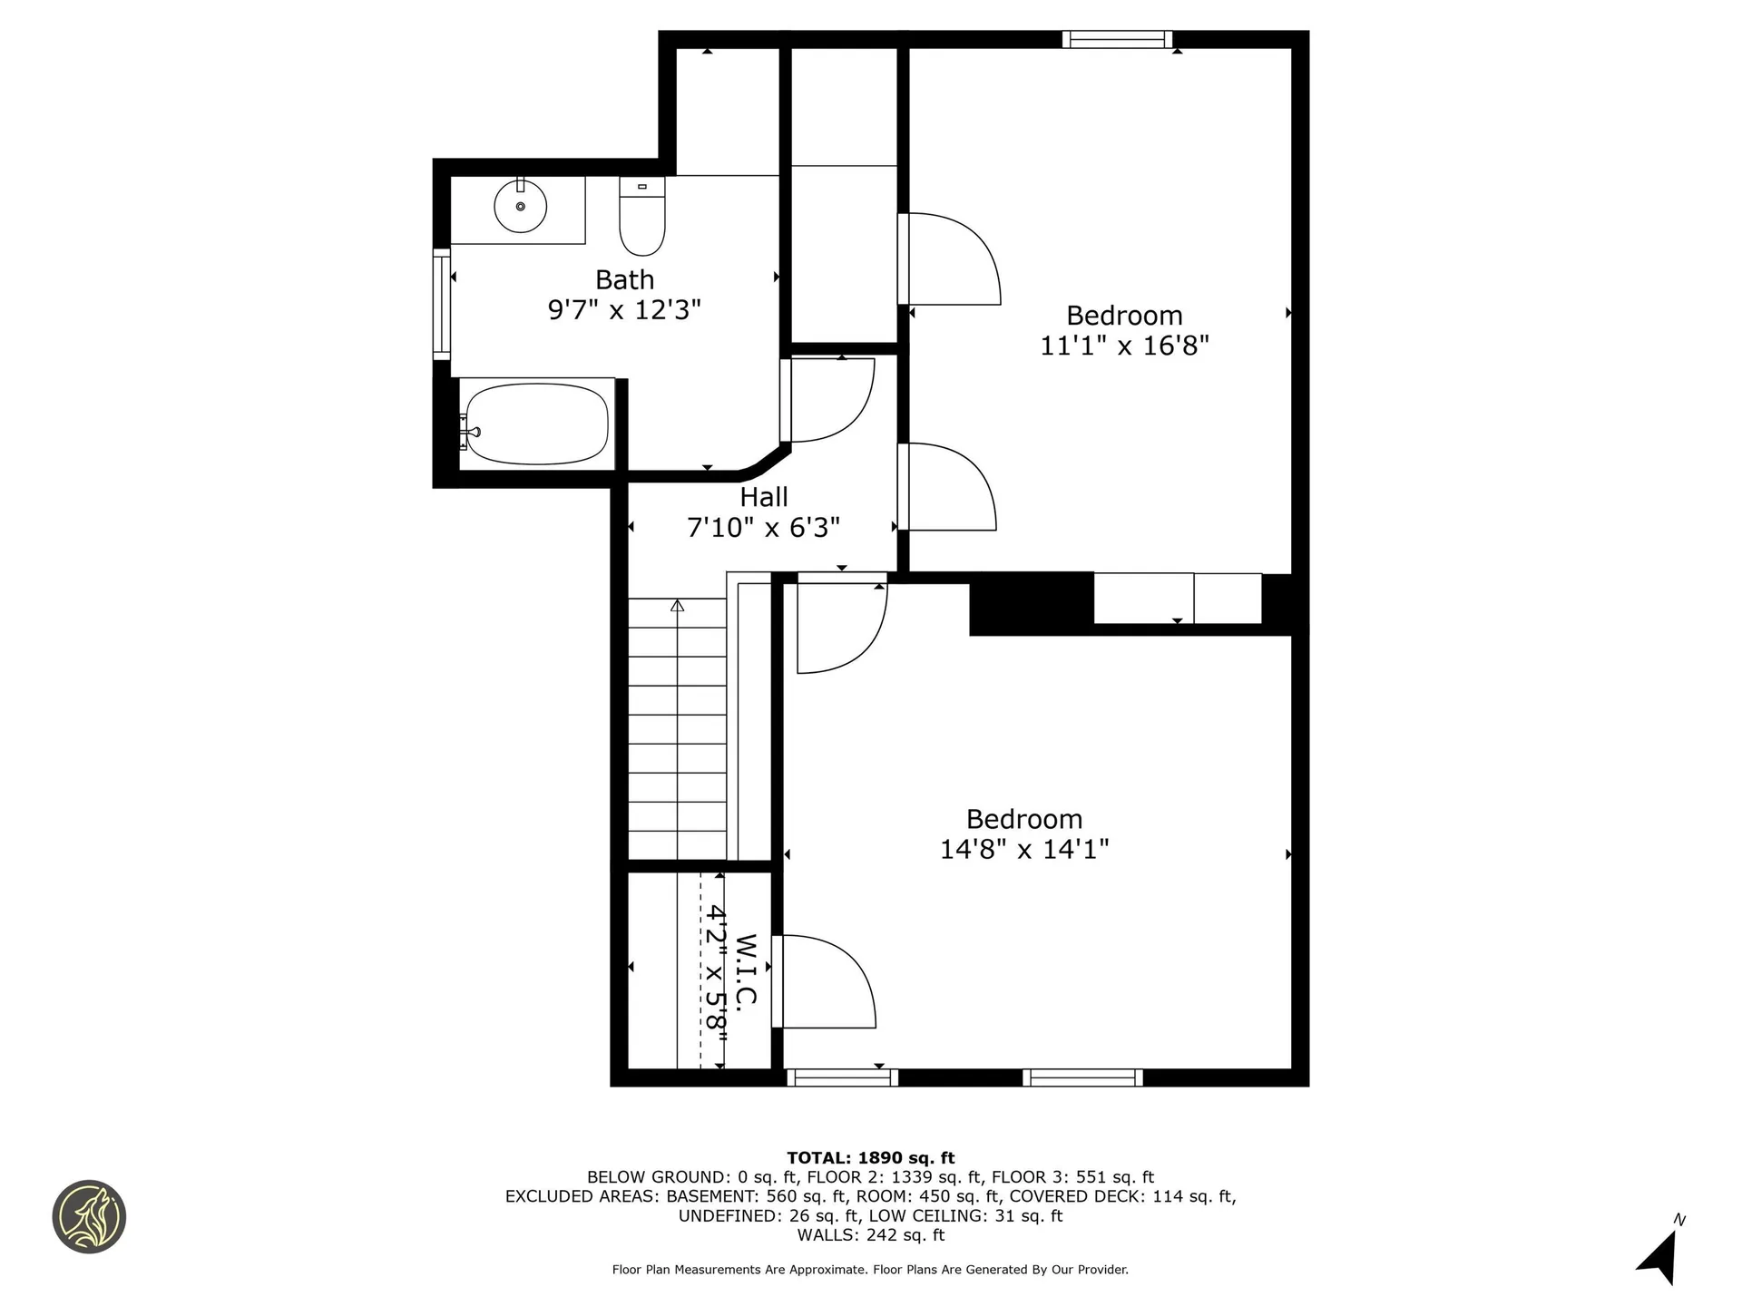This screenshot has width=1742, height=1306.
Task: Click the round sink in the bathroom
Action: (520, 206)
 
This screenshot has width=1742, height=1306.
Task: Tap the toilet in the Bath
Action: (642, 216)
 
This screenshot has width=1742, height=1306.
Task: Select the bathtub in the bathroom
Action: (535, 424)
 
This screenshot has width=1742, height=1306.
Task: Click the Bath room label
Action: (624, 279)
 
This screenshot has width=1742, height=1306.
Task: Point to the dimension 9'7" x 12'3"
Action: (624, 310)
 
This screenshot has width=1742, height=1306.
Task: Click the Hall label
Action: (764, 497)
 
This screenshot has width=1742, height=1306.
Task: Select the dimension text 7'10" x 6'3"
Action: (764, 527)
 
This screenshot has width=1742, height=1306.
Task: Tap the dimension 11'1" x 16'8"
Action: (1125, 346)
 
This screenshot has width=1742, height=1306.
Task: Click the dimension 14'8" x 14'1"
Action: (1024, 849)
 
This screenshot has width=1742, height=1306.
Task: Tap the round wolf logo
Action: (89, 1217)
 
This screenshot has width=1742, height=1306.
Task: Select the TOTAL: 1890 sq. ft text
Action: (871, 1157)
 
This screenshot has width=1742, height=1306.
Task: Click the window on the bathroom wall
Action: (442, 304)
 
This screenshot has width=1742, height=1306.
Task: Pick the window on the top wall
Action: (1118, 39)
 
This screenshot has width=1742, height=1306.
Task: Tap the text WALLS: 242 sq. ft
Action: (871, 1235)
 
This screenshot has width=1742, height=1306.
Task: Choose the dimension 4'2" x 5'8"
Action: (717, 970)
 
